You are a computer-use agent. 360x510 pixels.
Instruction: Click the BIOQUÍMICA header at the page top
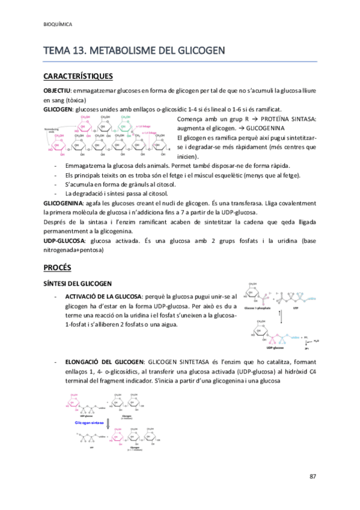tap(58, 25)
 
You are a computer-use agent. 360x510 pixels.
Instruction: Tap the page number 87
tap(313, 476)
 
